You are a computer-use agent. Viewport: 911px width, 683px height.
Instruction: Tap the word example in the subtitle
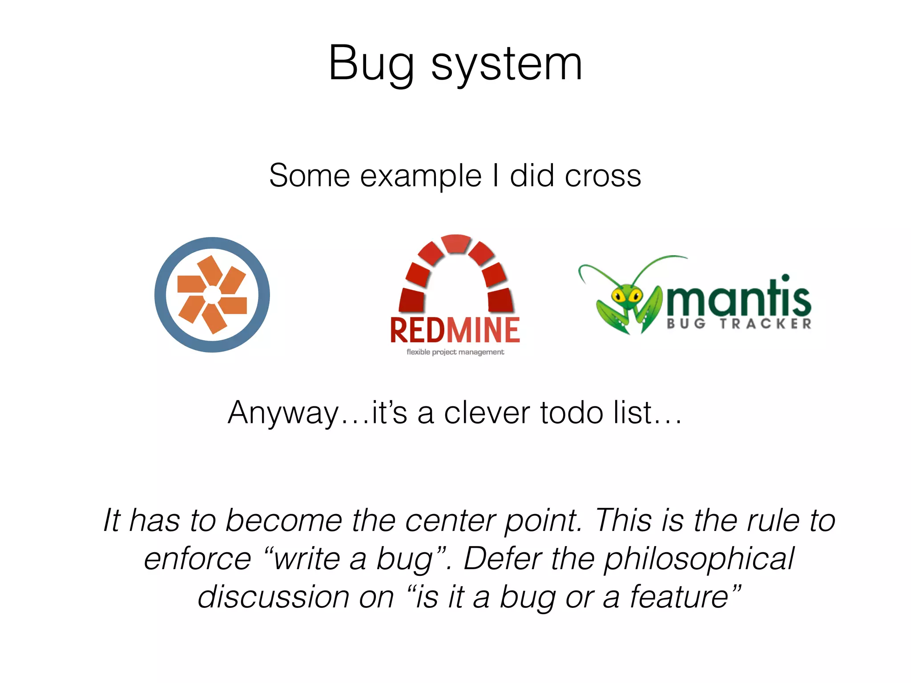tap(420, 176)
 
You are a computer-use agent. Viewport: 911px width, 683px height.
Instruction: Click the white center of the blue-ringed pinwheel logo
tap(212, 295)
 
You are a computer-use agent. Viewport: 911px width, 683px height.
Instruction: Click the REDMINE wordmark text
tap(455, 330)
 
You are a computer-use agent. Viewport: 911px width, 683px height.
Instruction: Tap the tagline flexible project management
tap(455, 352)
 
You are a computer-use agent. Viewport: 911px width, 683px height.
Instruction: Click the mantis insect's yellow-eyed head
tap(627, 296)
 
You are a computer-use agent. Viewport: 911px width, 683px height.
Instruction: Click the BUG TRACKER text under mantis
tap(738, 324)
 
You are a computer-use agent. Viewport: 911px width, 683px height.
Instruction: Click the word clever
tap(487, 413)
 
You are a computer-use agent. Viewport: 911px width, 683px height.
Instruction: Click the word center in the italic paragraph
tap(449, 520)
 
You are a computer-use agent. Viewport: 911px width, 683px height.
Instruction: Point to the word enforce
tap(198, 559)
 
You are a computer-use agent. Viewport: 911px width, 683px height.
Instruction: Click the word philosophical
tap(698, 559)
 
